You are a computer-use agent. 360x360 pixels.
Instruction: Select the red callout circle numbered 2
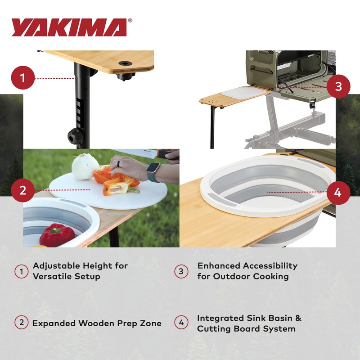click(x=23, y=190)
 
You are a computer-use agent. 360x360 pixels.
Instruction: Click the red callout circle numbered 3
click(x=338, y=86)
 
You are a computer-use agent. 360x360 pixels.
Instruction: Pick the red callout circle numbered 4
click(x=338, y=193)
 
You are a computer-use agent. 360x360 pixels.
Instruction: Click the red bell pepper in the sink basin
click(x=57, y=235)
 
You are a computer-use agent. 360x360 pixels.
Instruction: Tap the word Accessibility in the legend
click(x=270, y=265)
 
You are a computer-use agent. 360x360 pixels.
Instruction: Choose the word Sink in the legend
click(x=252, y=318)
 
